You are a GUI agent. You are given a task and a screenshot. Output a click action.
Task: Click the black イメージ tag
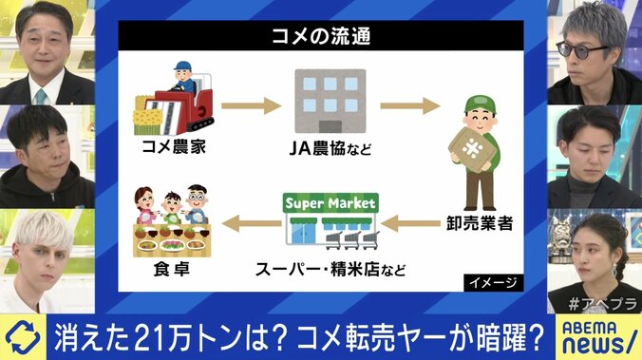click(490, 283)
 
